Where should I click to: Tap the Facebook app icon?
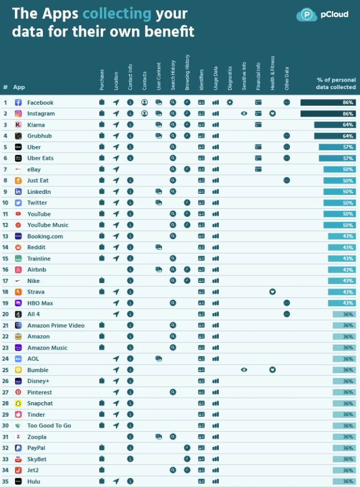tap(18, 102)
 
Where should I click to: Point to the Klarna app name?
tap(36, 125)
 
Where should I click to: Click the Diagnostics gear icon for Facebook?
tap(230, 102)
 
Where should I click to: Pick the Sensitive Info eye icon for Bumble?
tap(244, 370)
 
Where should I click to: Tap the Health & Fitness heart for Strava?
tap(273, 292)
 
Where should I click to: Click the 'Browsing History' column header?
tap(187, 72)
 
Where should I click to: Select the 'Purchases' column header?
tap(101, 79)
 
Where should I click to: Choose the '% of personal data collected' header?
tap(336, 83)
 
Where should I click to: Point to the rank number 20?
tap(5, 314)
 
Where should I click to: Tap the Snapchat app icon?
tap(18, 403)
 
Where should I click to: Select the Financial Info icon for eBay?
tap(258, 169)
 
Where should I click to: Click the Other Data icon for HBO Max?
tap(286, 303)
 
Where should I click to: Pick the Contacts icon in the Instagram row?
tap(144, 113)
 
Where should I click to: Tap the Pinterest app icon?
tap(18, 392)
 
